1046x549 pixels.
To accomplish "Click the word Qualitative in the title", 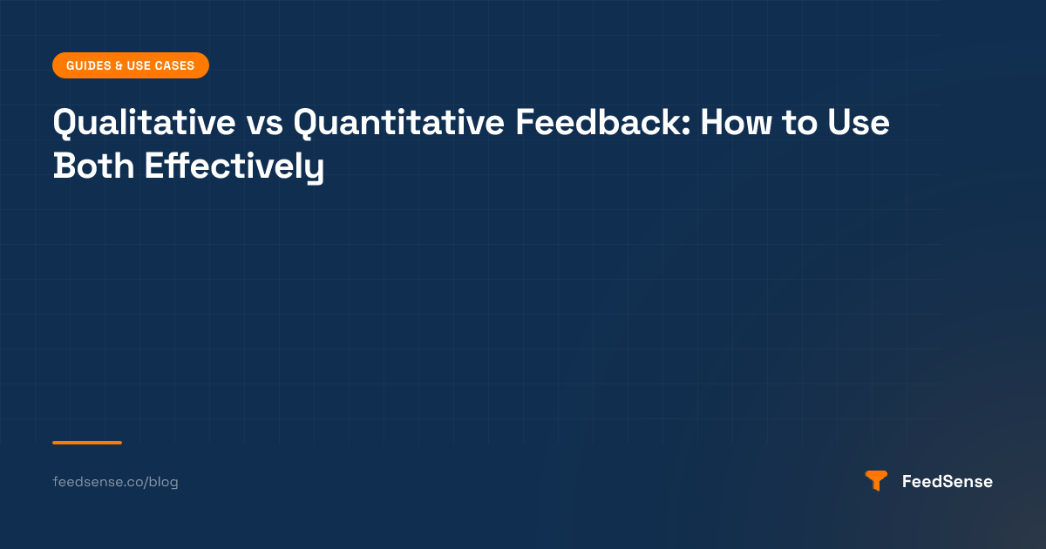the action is pyautogui.click(x=145, y=123).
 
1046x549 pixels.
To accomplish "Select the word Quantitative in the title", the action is pyautogui.click(x=399, y=123).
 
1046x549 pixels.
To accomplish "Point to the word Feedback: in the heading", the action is pyautogui.click(x=603, y=122).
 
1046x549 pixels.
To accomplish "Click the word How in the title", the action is pyautogui.click(x=736, y=122).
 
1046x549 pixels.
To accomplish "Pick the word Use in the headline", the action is pyautogui.click(x=859, y=122).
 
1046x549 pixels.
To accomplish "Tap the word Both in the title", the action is pyautogui.click(x=93, y=166).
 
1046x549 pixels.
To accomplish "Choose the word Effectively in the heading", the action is pyautogui.click(x=234, y=167).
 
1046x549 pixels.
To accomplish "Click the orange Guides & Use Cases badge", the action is pyautogui.click(x=131, y=65).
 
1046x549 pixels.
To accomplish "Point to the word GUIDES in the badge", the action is pyautogui.click(x=89, y=66).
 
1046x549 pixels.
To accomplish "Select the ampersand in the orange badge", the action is pyautogui.click(x=119, y=66).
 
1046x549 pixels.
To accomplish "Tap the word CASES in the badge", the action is pyautogui.click(x=174, y=66).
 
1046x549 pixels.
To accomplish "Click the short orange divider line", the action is pyautogui.click(x=87, y=443).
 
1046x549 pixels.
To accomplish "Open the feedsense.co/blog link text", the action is pyautogui.click(x=115, y=482).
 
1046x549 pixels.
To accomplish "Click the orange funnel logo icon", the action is pyautogui.click(x=876, y=481).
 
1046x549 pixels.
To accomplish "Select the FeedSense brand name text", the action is pyautogui.click(x=948, y=481).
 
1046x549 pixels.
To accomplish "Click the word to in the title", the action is pyautogui.click(x=799, y=123).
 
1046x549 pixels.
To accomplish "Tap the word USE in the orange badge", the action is pyautogui.click(x=139, y=66).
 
